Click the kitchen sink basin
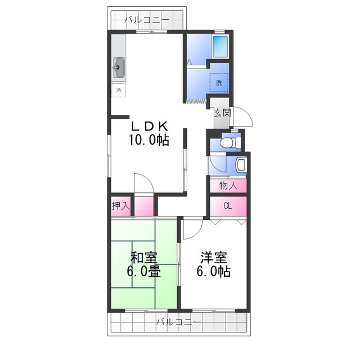119,67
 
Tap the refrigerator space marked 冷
119,90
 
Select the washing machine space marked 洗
219,83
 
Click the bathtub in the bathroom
220,47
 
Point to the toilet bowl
229,142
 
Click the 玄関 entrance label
222,112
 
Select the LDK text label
150,125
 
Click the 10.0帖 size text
149,139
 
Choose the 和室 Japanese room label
144,258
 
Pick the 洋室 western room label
214,258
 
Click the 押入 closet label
121,206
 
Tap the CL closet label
228,206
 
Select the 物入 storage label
228,185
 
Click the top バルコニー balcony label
147,20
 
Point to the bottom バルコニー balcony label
179,322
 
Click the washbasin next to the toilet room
241,164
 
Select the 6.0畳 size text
144,272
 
